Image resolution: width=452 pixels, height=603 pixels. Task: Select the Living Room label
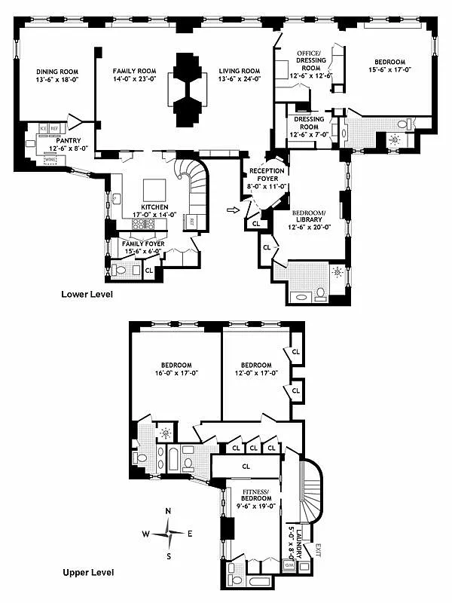(x=240, y=71)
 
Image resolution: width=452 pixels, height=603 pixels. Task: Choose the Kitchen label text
(x=154, y=207)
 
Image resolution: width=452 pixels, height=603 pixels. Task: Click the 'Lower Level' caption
(x=87, y=294)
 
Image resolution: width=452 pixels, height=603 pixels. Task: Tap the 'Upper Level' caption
(x=88, y=573)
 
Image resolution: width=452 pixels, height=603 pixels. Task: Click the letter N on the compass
(x=168, y=512)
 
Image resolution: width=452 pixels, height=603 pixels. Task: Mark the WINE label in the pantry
(x=50, y=161)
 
